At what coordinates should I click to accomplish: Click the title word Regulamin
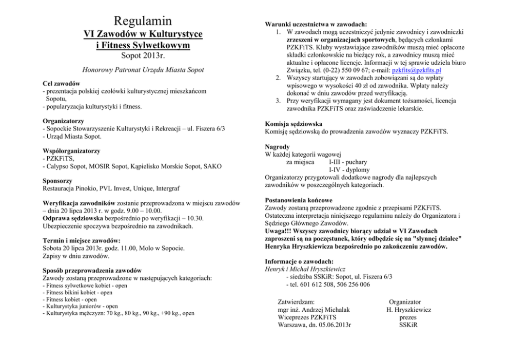point(143,21)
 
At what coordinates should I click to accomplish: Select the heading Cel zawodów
point(61,83)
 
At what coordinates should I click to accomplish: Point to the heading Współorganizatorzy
point(72,151)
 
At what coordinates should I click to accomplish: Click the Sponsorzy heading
point(57,181)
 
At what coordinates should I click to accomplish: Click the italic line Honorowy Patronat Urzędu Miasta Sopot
point(143,69)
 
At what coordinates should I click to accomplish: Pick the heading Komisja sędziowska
point(293,124)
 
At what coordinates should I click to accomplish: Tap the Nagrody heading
point(278,146)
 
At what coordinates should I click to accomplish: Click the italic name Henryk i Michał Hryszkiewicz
point(305,269)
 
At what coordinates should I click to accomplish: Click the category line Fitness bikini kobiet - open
point(77,293)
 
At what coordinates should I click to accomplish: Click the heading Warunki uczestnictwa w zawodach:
point(316,24)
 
